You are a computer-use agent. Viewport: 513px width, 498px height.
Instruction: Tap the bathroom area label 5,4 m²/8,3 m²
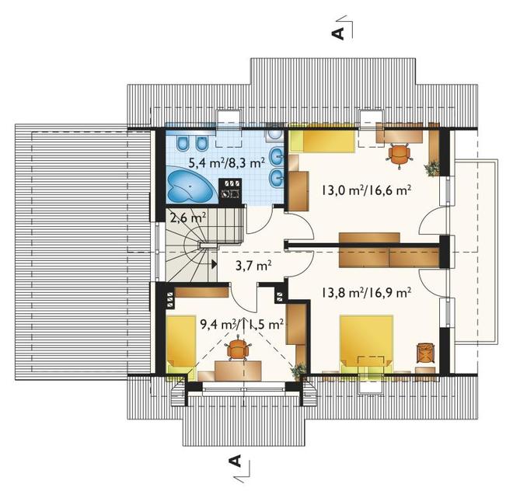tap(226, 162)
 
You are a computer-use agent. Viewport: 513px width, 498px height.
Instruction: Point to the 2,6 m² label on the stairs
tap(188, 218)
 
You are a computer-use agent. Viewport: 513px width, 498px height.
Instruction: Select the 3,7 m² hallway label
tap(253, 266)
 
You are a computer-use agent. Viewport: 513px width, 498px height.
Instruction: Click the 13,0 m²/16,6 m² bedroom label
tap(367, 190)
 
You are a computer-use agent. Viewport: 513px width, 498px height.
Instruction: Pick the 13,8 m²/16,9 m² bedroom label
tap(367, 292)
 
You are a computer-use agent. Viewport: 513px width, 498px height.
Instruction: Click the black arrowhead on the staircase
tap(215, 264)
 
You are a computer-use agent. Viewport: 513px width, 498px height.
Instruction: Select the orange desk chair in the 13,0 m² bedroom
tap(400, 155)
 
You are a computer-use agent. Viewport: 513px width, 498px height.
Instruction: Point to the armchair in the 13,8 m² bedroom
tap(426, 353)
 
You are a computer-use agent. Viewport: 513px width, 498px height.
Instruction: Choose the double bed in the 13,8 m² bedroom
tap(366, 343)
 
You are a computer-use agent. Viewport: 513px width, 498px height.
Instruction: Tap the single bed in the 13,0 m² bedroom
tap(323, 141)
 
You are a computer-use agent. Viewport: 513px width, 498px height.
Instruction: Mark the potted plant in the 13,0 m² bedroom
tap(432, 168)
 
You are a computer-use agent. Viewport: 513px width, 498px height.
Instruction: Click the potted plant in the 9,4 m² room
tap(298, 371)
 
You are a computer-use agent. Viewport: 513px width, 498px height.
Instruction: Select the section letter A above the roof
tap(338, 33)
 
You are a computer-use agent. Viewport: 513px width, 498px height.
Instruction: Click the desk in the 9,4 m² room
tap(238, 371)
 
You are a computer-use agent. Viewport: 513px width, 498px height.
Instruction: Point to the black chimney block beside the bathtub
tap(230, 190)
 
